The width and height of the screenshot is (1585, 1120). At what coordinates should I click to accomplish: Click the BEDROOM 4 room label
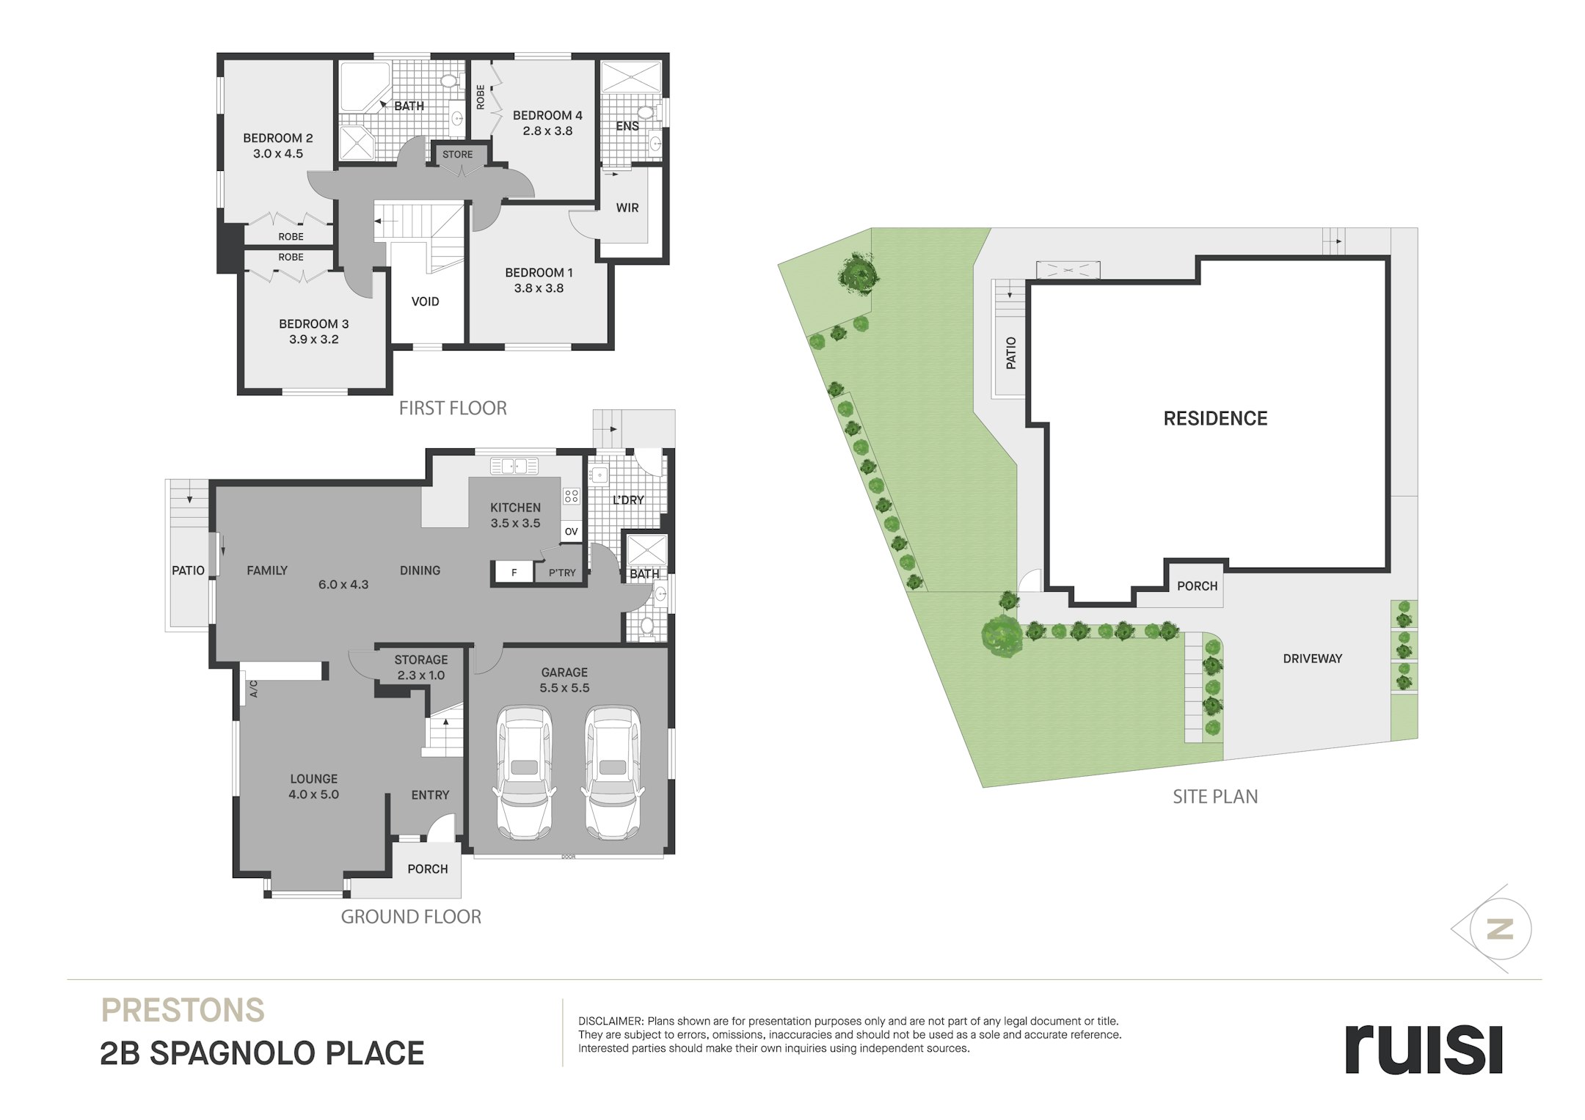pos(547,115)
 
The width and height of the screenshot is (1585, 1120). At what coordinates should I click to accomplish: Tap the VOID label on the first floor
pos(425,301)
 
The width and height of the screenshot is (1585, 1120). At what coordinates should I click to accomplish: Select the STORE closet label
pos(457,155)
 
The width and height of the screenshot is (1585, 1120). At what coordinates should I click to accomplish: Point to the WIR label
pos(627,208)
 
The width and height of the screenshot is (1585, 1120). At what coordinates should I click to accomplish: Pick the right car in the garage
pos(612,772)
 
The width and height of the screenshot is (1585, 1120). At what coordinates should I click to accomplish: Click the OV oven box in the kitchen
pos(572,532)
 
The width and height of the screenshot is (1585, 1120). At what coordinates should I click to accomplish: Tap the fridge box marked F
pos(514,573)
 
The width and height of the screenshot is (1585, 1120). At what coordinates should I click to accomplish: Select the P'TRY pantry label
pos(562,573)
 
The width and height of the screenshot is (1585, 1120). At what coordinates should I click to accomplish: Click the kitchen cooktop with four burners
pos(572,496)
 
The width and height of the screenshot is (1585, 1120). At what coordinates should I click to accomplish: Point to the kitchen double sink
pos(514,466)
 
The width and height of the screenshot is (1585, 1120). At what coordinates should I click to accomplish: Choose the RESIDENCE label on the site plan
pos(1215,418)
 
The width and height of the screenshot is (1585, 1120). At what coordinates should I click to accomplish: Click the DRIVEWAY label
pos(1312,659)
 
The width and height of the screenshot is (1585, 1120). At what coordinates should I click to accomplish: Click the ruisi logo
pos(1424,1049)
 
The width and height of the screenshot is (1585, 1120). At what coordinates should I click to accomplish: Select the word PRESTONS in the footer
pos(183,1010)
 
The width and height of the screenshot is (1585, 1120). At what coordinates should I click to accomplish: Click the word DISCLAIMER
pos(611,1021)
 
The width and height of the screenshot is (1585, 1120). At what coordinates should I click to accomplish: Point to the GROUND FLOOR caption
pos(411,917)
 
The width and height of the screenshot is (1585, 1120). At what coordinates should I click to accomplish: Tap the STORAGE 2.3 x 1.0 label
pos(421,667)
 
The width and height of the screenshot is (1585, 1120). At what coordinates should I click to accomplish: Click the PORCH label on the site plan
pos(1197,586)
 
